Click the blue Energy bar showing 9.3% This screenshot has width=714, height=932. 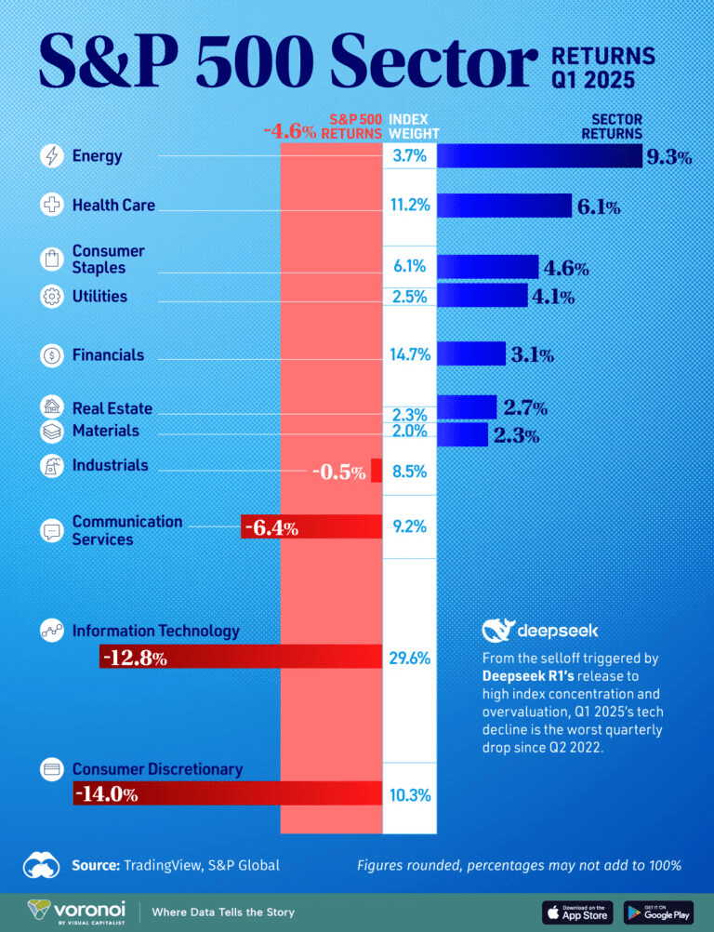tap(539, 156)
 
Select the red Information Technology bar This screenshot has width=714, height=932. tap(241, 658)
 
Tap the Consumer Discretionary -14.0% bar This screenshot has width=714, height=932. tap(228, 793)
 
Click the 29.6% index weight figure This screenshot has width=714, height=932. tap(409, 659)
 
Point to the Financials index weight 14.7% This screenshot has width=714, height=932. tap(409, 354)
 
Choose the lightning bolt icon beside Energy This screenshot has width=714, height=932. tap(52, 156)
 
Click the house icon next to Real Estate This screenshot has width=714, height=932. tap(52, 407)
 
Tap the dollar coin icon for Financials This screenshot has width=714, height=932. tap(52, 354)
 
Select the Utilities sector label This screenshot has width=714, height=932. tap(99, 297)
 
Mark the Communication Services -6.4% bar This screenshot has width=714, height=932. tap(311, 527)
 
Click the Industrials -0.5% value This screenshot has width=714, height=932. tap(338, 472)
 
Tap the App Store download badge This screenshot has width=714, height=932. tap(576, 911)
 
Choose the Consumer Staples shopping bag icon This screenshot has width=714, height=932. tap(52, 260)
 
